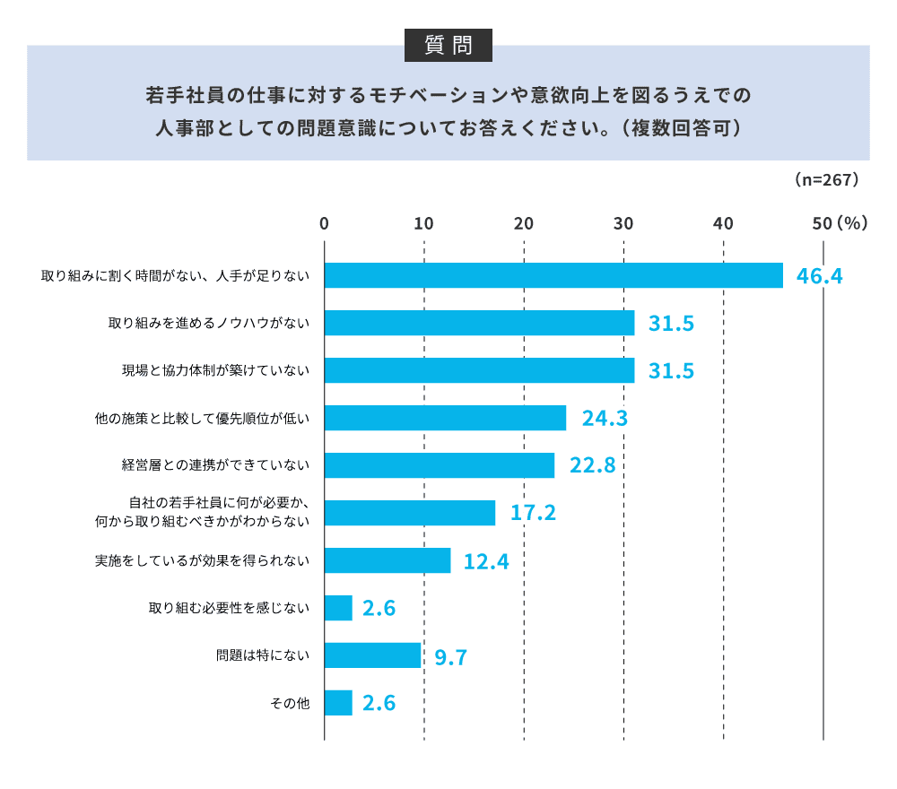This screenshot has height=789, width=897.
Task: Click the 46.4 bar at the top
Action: (x=553, y=275)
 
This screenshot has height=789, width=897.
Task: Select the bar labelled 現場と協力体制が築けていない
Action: (x=479, y=370)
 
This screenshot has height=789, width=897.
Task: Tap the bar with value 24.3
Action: (x=445, y=418)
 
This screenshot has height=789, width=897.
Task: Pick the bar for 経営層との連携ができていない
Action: (x=439, y=465)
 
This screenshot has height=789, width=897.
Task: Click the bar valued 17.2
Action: (x=409, y=513)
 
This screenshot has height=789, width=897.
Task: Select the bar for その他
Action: (x=338, y=703)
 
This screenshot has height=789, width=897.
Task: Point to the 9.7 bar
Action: (x=372, y=655)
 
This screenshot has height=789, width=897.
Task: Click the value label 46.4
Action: (x=820, y=276)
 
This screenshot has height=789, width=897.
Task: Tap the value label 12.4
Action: (x=486, y=561)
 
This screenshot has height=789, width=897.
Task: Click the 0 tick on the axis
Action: (x=324, y=224)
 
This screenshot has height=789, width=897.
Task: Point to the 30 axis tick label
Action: (x=623, y=224)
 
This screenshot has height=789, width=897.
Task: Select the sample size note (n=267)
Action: (x=827, y=179)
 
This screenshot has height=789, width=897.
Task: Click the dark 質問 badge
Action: (x=448, y=45)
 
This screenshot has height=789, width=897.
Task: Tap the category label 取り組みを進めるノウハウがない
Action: (x=209, y=323)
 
